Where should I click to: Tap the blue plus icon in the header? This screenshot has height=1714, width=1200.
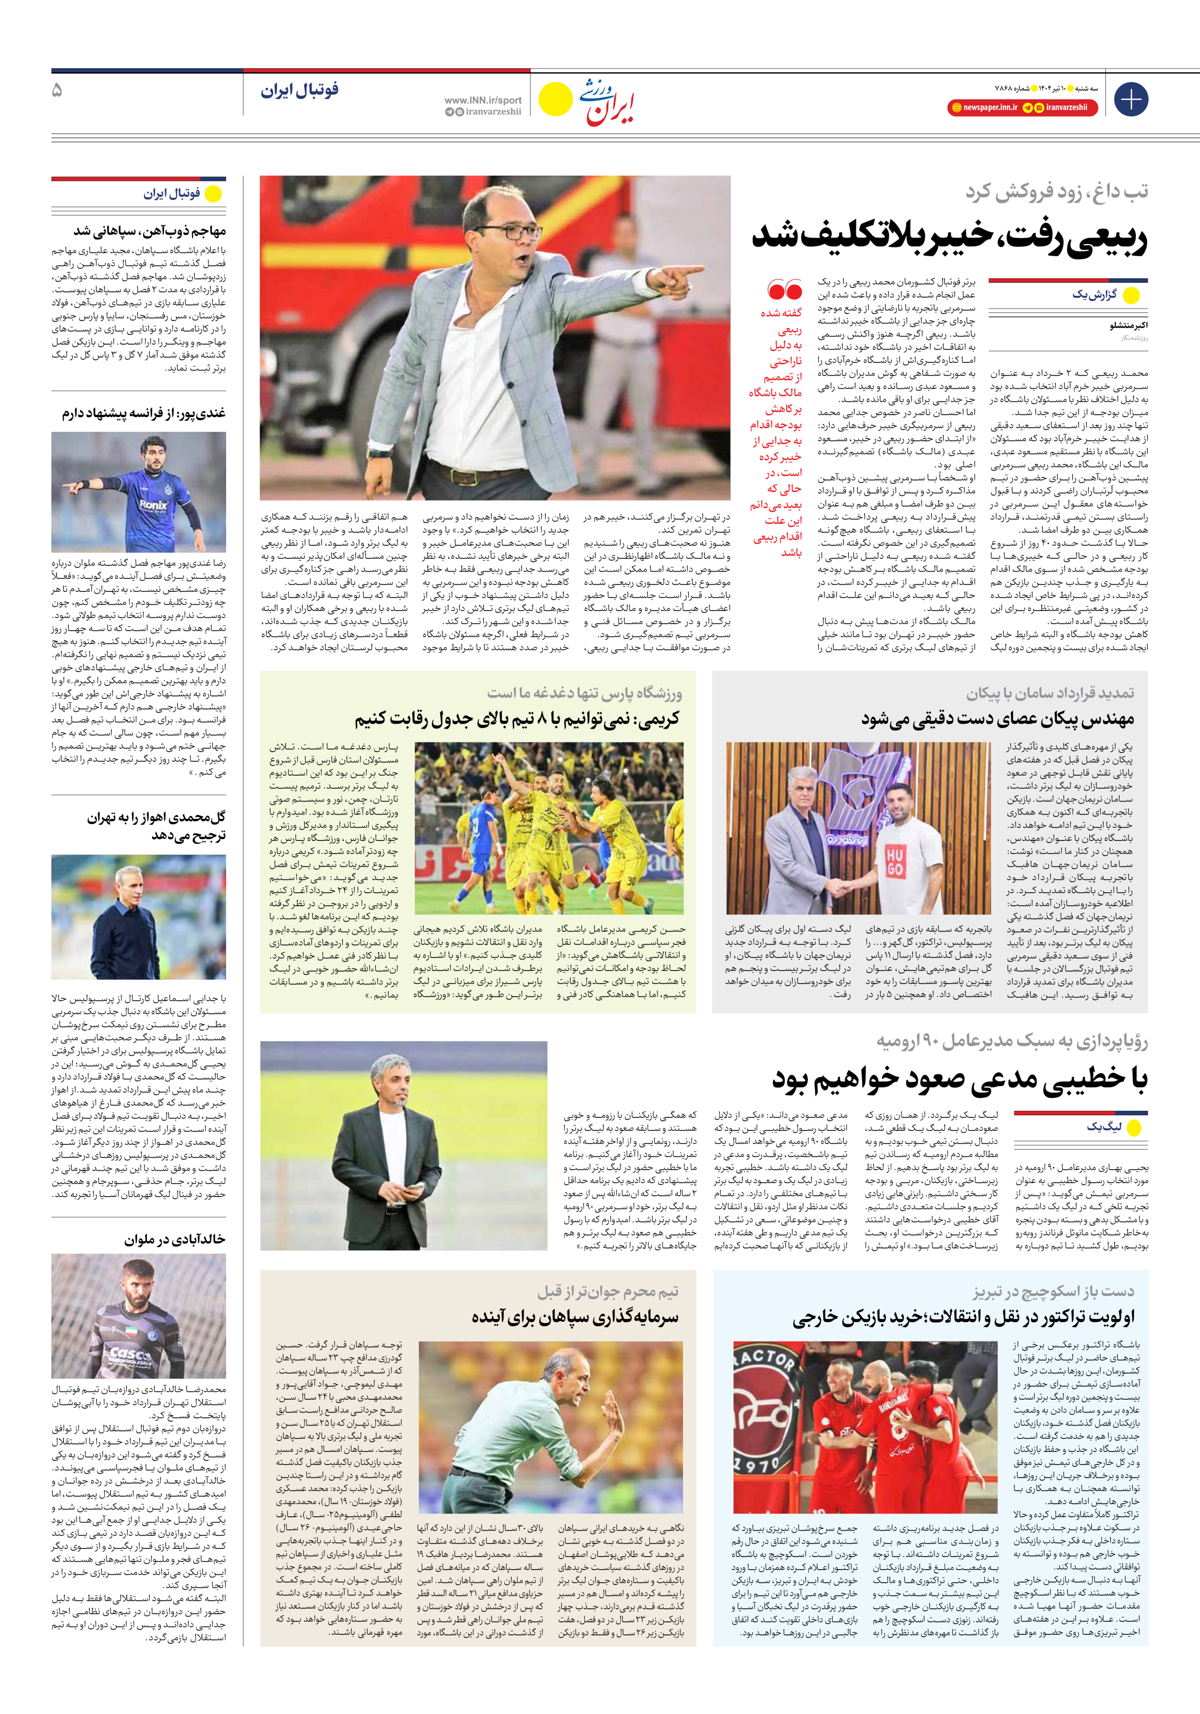tap(1130, 99)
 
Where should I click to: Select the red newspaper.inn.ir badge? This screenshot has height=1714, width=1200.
tap(984, 108)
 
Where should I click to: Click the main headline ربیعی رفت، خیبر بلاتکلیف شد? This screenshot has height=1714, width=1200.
tap(948, 238)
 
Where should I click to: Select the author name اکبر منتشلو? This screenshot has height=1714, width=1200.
tap(1128, 325)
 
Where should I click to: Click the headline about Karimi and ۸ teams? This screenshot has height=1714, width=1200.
tap(517, 719)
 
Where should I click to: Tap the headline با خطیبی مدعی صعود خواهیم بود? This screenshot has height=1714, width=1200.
tap(960, 1079)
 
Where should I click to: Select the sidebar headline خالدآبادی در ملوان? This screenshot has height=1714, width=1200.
tap(175, 1240)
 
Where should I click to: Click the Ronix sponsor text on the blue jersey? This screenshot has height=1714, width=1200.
tap(153, 504)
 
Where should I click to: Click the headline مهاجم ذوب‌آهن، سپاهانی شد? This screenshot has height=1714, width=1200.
tap(149, 231)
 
